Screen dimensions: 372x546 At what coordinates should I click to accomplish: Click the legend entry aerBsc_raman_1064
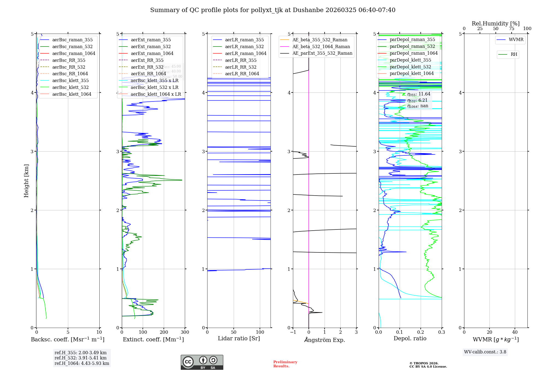point(74,53)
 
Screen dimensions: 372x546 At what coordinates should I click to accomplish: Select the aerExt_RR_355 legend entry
point(147,60)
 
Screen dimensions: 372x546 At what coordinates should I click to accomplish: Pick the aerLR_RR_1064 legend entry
point(242,74)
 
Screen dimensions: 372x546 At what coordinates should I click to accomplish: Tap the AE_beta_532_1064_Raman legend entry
point(321,47)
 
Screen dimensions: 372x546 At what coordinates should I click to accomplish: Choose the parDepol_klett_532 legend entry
point(410,67)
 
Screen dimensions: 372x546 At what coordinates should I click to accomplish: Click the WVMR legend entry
point(516,40)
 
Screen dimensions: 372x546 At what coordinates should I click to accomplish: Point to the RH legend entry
point(514,54)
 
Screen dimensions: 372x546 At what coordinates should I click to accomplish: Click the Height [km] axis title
point(26,181)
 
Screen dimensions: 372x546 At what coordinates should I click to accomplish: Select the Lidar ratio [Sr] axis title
point(239,338)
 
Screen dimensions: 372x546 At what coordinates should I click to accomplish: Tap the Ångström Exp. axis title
point(325,340)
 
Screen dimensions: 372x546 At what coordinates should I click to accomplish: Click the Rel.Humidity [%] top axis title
point(495,24)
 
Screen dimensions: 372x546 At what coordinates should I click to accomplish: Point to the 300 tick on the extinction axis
point(185,332)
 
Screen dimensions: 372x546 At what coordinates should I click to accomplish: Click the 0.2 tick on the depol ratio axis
point(421,332)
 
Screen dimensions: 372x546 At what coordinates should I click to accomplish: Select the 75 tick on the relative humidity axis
point(512,29)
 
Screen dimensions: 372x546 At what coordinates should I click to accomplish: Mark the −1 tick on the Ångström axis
point(293,332)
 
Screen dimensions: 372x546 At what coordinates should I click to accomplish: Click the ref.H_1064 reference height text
point(82,363)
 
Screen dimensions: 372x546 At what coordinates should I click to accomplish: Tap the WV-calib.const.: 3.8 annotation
point(485,352)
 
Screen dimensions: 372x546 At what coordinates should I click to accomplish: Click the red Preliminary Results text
point(285,364)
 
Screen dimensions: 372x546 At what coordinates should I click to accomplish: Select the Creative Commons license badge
point(202,362)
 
